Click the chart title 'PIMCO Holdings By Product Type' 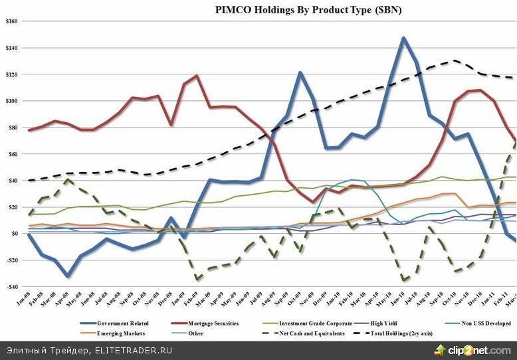point(308,10)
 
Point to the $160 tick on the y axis point(12,21)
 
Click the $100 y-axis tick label point(12,101)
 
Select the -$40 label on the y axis point(12,287)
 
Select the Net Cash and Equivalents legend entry point(319,333)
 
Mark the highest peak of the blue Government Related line point(403,38)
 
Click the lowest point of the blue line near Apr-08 point(67,276)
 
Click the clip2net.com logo point(472,349)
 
